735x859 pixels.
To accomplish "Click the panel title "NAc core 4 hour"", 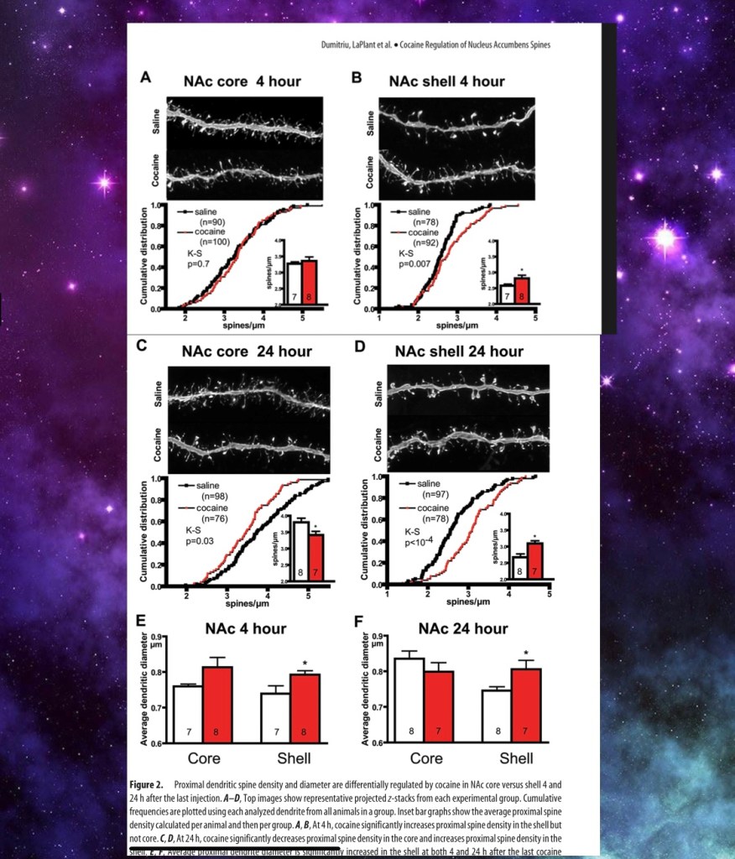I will click(242, 81).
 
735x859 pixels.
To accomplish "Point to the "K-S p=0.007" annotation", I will click(411, 258).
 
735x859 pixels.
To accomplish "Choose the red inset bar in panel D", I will click(534, 560).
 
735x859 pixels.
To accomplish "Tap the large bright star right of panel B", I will click(665, 240).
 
